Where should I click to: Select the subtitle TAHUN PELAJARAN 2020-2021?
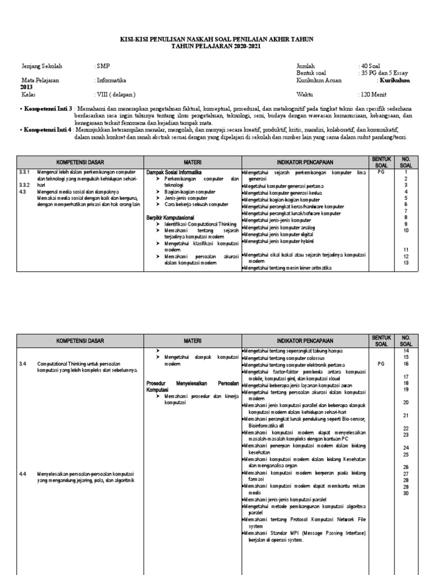click(216, 45)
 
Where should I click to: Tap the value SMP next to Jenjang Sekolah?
click(104, 66)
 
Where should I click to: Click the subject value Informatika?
click(112, 80)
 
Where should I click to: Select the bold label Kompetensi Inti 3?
click(48, 108)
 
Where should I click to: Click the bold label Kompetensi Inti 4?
click(48, 129)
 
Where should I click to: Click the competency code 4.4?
click(22, 473)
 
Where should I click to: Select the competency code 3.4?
click(22, 364)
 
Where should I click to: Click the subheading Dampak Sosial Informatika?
click(173, 171)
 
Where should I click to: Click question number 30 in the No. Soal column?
click(405, 493)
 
